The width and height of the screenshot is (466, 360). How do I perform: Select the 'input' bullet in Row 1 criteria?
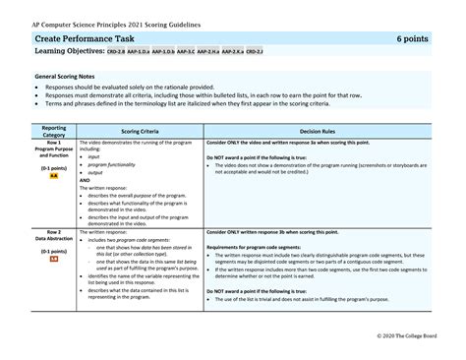[x=94, y=156]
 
